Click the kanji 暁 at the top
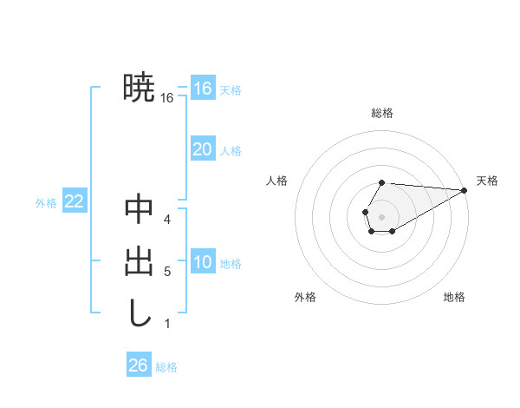click(139, 87)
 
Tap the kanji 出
click(139, 261)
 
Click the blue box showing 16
click(202, 89)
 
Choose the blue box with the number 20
click(202, 149)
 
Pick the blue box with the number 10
click(202, 262)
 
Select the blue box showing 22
click(74, 202)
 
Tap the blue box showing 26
click(139, 365)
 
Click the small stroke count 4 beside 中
click(167, 220)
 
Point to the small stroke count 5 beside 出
click(167, 272)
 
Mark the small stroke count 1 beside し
click(167, 324)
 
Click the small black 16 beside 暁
click(167, 98)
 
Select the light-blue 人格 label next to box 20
click(231, 151)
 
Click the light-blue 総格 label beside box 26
click(166, 367)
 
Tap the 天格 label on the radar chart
click(487, 181)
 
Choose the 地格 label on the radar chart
click(454, 297)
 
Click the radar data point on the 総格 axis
click(382, 182)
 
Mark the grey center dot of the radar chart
click(381, 215)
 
